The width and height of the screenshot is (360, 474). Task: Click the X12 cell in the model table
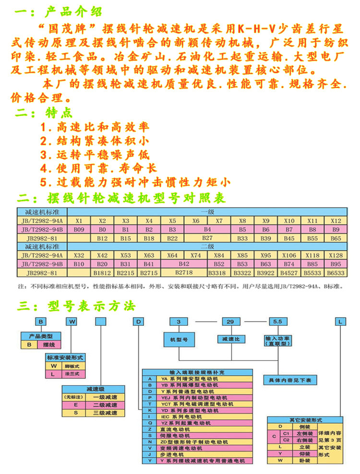pyautogui.click(x=336, y=221)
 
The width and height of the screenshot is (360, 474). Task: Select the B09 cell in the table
pyautogui.click(x=79, y=229)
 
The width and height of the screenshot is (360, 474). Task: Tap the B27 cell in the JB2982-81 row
pyautogui.click(x=207, y=238)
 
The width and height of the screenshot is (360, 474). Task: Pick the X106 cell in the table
pyautogui.click(x=289, y=255)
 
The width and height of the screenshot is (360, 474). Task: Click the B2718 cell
pyautogui.click(x=184, y=273)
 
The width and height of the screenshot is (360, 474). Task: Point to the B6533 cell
pyautogui.click(x=336, y=273)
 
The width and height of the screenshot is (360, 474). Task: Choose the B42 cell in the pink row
pyautogui.click(x=184, y=264)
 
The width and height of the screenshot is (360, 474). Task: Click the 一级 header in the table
pyautogui.click(x=207, y=212)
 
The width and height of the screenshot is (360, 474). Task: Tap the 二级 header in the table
pyautogui.click(x=207, y=247)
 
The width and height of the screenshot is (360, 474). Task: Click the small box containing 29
pyautogui.click(x=230, y=321)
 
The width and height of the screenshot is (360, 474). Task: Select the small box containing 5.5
pyautogui.click(x=277, y=321)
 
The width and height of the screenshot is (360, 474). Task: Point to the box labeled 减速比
pyautogui.click(x=230, y=339)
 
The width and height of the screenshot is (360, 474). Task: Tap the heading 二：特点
pyautogui.click(x=44, y=114)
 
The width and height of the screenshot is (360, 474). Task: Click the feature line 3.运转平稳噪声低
pyautogui.click(x=95, y=155)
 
